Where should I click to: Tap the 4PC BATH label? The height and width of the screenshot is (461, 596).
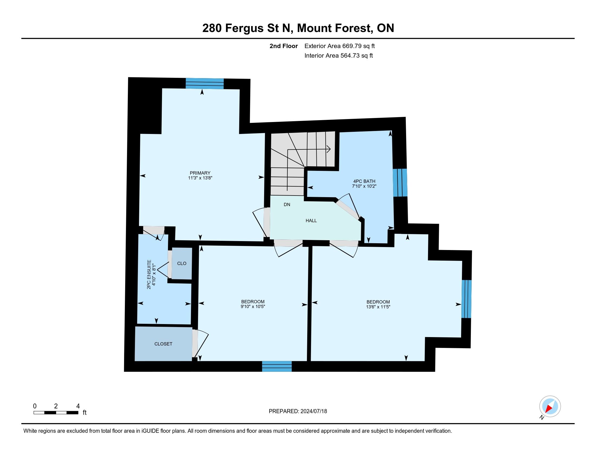coord(364,181)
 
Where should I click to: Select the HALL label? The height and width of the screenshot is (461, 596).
coord(311,221)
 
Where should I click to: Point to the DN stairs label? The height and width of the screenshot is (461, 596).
coord(287,204)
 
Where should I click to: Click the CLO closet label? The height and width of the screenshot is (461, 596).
coord(182,264)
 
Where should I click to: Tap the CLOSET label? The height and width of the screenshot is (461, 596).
coord(163,344)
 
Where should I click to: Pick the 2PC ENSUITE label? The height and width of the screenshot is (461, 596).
coord(149,274)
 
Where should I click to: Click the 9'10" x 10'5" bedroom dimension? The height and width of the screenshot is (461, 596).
coord(253,306)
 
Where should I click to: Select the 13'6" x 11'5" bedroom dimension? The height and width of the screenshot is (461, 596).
coord(378,307)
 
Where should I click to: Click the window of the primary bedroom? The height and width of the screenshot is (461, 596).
coord(205,84)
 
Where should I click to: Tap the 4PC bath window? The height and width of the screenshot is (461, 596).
coord(400,183)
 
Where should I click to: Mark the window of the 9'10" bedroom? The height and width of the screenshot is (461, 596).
coord(277,366)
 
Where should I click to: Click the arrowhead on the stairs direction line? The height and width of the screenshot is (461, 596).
coord(329,149)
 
